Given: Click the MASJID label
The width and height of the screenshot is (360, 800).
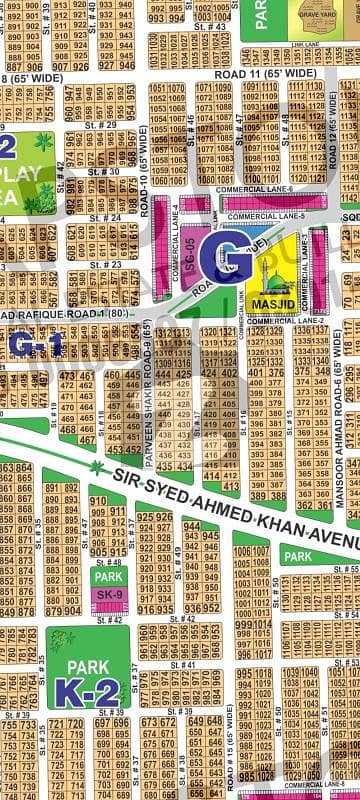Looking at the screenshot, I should click(274, 299).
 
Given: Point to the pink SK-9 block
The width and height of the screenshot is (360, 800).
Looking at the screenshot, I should click(107, 597).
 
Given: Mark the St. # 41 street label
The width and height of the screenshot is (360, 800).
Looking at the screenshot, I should click(183, 664).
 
